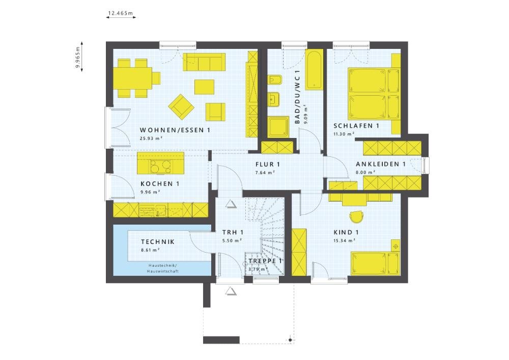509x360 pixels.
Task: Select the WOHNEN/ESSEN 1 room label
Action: [x=175, y=130]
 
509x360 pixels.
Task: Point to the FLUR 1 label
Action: [x=268, y=164]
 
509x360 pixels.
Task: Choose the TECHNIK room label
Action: [x=158, y=242]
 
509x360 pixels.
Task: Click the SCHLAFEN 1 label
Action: [x=356, y=126]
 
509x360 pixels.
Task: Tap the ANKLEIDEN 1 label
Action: [x=380, y=164]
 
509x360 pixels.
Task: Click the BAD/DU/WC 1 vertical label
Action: [x=298, y=97]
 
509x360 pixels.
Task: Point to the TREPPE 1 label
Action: [x=265, y=261]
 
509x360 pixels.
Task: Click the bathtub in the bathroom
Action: [x=314, y=70]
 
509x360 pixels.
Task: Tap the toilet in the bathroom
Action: [x=275, y=81]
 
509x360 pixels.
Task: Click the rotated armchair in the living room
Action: [x=181, y=105]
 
